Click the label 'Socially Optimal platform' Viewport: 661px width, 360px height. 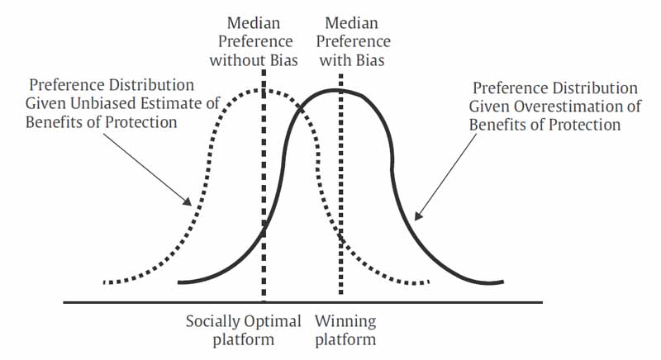[243, 330]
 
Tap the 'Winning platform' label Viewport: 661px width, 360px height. [345, 330]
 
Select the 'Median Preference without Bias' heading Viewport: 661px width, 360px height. [254, 41]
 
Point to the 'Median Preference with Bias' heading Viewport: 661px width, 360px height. [353, 41]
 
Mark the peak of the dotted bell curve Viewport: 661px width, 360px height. [260, 90]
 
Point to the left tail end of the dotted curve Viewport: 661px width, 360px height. [104, 282]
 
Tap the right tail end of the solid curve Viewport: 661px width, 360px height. [503, 282]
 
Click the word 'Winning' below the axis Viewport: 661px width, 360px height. [345, 322]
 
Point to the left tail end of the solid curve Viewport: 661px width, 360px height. [179, 282]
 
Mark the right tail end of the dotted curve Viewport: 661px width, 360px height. [428, 282]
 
